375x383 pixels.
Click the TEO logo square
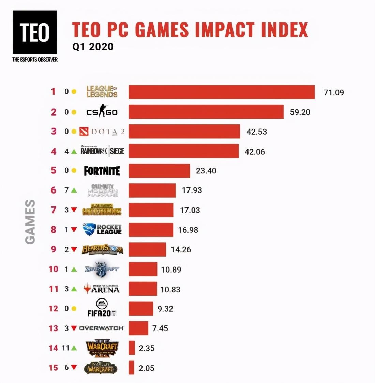(35, 32)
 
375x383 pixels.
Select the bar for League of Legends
(222, 92)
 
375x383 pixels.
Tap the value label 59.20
(300, 112)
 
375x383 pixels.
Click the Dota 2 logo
(102, 132)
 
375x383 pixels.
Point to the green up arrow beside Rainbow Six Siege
(74, 151)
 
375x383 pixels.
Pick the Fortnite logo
(102, 171)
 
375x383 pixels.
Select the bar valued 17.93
(152, 190)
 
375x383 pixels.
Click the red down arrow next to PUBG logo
(74, 210)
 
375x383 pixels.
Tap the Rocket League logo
(102, 229)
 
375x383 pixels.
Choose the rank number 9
(54, 249)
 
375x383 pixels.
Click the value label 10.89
(171, 270)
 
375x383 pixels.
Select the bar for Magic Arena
(143, 289)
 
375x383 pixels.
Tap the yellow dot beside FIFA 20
(74, 308)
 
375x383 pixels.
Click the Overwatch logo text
(101, 328)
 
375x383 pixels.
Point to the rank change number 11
(65, 348)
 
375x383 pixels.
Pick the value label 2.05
(146, 368)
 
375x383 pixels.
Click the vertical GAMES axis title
(30, 221)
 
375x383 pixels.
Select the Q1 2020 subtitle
(93, 47)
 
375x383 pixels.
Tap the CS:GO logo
(102, 112)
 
